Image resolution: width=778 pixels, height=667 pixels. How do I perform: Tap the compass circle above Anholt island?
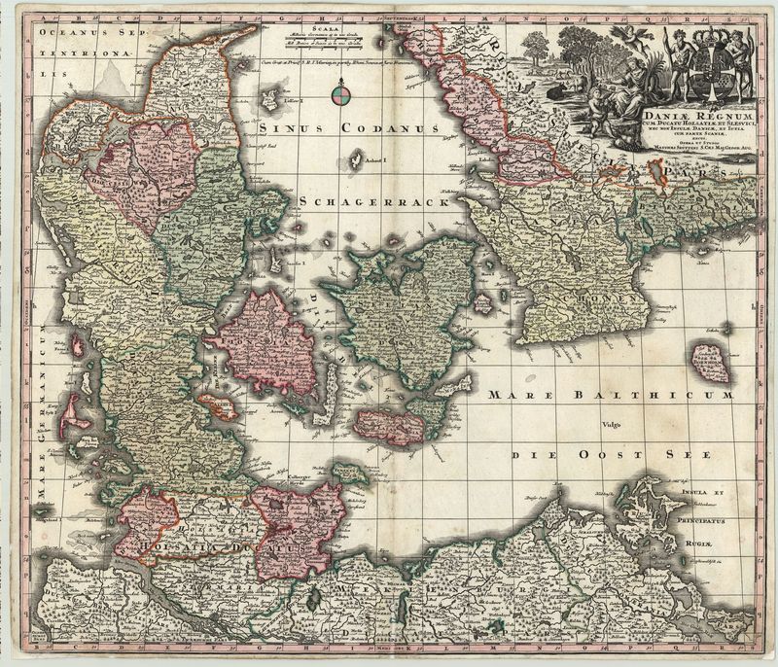coord(339,94)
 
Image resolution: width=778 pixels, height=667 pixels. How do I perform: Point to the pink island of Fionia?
coord(264,345)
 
